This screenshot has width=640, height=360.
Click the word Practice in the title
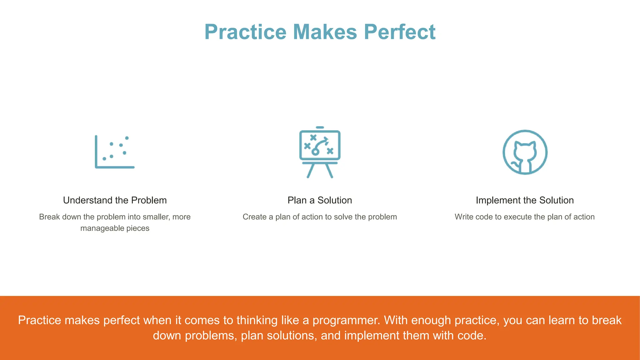point(245,32)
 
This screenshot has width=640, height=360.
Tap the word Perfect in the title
point(400,32)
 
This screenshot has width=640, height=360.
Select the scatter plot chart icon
point(114,152)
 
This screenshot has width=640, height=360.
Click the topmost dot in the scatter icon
point(127,138)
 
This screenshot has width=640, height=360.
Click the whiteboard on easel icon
point(320,152)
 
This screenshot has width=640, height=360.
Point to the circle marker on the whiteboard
point(315,152)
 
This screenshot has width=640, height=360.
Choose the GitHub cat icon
point(525,152)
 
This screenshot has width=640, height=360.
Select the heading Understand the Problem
point(115,200)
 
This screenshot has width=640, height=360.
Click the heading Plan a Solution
point(320,200)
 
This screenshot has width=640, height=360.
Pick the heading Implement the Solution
point(525,200)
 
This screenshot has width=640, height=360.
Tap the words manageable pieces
point(115,228)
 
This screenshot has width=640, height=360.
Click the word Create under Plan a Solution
point(254,217)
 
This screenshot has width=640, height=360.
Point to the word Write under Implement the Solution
point(464,217)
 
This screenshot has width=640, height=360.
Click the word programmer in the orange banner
point(346,321)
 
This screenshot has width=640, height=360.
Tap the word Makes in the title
point(325,32)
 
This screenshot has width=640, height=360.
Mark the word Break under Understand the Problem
point(49,217)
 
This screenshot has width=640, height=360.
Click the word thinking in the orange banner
point(257,321)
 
